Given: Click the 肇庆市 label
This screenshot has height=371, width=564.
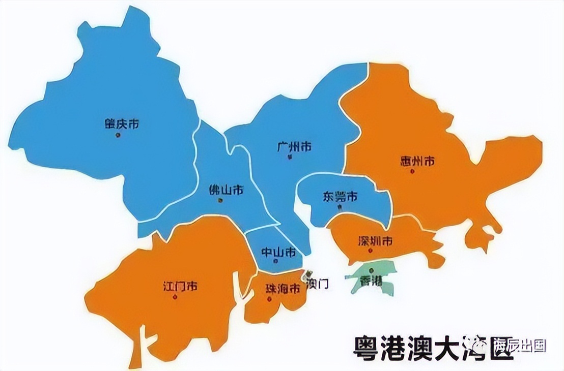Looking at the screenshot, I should tap(121, 124).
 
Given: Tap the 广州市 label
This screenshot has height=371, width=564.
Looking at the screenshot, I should tap(294, 147).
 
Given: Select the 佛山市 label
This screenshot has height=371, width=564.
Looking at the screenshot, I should tap(226, 190).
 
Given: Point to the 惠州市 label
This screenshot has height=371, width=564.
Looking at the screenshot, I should tap(417, 162).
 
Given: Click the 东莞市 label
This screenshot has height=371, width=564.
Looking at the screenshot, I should tap(340, 196).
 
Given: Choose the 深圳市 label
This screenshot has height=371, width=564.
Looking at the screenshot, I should tap(375, 241).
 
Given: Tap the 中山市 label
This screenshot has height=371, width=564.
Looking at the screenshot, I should tap(278, 252).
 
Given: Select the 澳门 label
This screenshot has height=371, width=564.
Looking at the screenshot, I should tap(317, 284).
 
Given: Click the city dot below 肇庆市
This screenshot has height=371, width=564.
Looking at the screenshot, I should tap(118, 135).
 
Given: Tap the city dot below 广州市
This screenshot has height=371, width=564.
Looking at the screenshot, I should tap(290, 158).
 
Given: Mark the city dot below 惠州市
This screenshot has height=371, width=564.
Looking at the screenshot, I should tap(412, 172).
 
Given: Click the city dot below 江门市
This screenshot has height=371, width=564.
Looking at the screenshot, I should tap(175, 297).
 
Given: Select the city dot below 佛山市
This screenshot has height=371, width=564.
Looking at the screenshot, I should tap(220, 200).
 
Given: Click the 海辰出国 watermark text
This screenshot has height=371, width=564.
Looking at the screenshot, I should tap(519, 346).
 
